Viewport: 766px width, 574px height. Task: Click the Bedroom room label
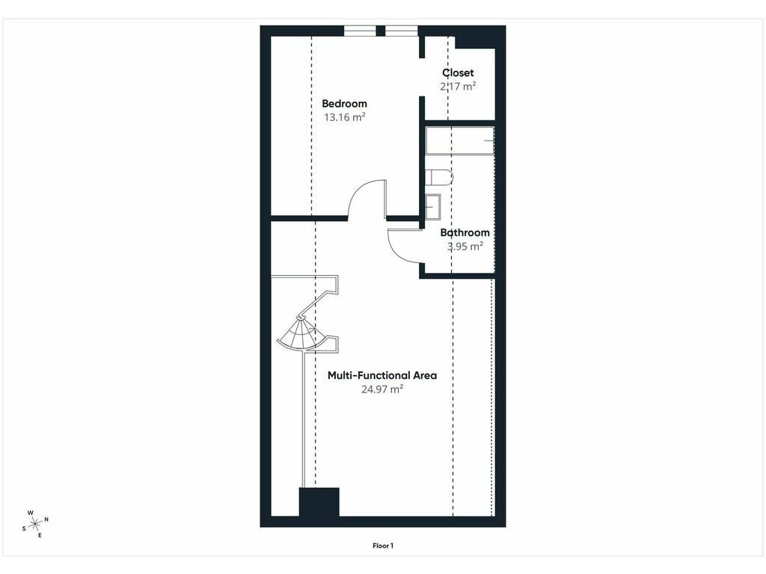pos(344,103)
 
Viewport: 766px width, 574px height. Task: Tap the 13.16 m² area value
pos(345,117)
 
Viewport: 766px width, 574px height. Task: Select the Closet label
pos(458,72)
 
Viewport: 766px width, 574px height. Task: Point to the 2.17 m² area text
pos(458,87)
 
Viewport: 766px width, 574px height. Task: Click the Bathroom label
pos(465,233)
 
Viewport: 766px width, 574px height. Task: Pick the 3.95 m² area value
pos(465,247)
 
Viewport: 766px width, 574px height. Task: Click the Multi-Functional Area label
pos(382,375)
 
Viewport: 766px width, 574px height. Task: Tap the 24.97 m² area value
pos(382,389)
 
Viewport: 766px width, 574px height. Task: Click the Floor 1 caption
pos(383,546)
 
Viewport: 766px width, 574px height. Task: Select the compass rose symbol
pos(35,524)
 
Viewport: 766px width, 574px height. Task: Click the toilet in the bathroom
pos(438,178)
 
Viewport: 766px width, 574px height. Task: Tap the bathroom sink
pos(432,207)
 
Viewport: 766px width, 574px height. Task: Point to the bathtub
pos(460,141)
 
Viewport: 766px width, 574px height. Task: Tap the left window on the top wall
pos(360,31)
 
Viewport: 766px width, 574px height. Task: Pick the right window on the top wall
pos(402,31)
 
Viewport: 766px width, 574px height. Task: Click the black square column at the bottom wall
pos(319,502)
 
